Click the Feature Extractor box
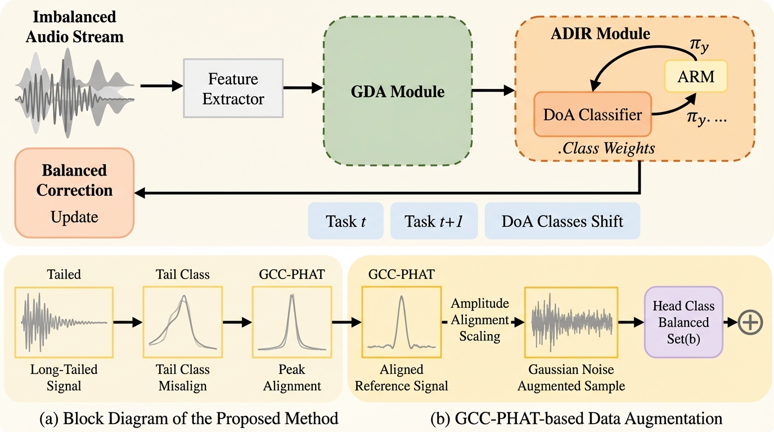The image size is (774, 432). point(233,89)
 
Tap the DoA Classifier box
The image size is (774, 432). point(592,115)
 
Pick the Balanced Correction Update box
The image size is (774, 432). point(74,192)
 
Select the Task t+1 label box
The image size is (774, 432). point(433,221)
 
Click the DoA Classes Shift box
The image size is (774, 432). point(562,221)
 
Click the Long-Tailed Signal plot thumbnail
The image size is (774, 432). point(64,322)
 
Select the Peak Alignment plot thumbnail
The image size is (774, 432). point(292,322)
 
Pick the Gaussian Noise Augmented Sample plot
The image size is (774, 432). point(570,322)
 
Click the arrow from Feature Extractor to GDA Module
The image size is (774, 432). point(303,88)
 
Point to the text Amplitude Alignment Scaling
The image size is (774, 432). point(480,319)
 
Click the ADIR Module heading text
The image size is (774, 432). point(600,34)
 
